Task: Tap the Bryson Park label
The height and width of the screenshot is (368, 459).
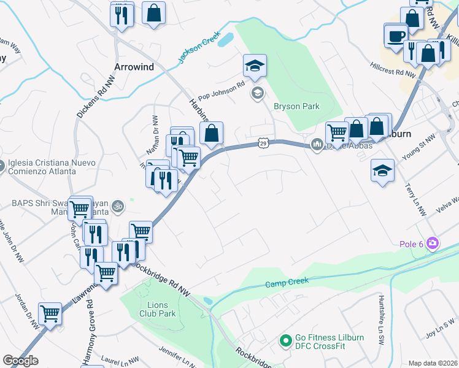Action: coord(296,106)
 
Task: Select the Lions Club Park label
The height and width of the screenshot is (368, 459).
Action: coord(162,309)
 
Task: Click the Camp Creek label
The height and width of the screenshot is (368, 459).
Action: coord(286,283)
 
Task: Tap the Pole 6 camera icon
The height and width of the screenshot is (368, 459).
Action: coord(433,243)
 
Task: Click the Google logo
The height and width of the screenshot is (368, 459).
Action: coord(20,361)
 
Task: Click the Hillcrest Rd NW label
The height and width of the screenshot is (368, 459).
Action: coord(393,69)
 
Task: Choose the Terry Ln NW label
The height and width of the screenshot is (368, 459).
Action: coord(416,199)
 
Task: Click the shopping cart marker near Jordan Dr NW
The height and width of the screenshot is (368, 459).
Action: coord(50,313)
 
